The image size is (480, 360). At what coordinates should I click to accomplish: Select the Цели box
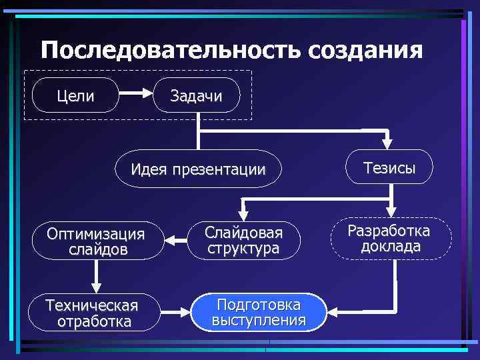point(75,96)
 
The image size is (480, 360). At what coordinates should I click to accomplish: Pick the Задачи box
point(197,96)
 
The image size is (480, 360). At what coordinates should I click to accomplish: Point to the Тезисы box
point(389,168)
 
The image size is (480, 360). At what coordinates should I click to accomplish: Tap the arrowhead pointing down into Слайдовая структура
point(243,214)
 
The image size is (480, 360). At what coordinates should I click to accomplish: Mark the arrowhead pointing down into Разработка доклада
point(392,210)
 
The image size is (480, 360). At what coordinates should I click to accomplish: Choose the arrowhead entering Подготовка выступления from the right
point(336,311)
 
